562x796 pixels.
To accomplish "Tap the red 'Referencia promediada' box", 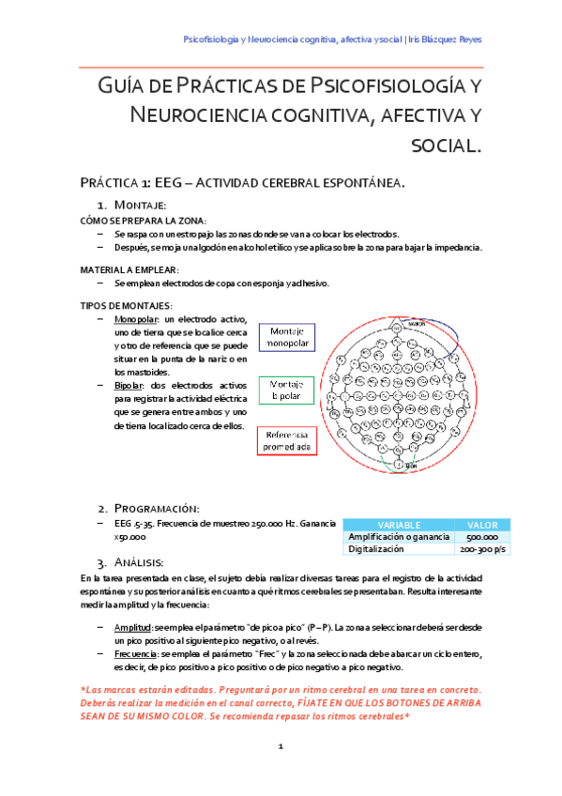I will click(x=286, y=441).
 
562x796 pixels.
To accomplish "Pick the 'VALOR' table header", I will click(x=482, y=524).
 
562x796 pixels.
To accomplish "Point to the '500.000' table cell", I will click(x=482, y=536).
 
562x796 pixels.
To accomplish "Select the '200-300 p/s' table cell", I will click(x=482, y=548).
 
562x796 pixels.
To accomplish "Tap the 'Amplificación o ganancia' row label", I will click(x=398, y=536).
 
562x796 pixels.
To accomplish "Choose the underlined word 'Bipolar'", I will click(x=129, y=386).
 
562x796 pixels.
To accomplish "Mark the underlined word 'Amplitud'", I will click(x=131, y=625).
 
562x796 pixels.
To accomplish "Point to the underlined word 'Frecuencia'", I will click(x=135, y=651).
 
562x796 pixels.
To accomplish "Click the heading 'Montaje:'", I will click(x=140, y=205).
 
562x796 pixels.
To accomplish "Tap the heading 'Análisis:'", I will click(x=142, y=562).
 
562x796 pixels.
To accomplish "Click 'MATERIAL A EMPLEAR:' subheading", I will click(x=129, y=268).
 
